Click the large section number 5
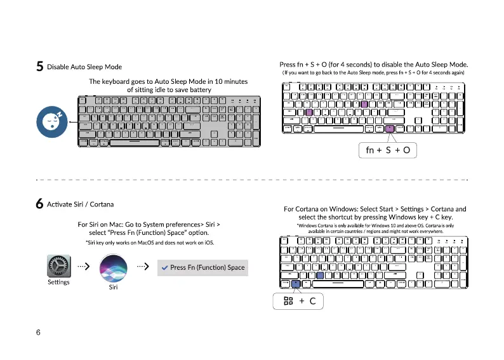(39, 67)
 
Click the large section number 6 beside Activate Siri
(39, 204)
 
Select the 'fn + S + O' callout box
(388, 150)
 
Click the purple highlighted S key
(308, 112)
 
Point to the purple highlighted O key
(364, 104)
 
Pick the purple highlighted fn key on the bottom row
(390, 128)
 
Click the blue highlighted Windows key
(296, 283)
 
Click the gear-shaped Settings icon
(58, 266)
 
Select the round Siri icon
(112, 269)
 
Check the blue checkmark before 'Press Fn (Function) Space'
(164, 267)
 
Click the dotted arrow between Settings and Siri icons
(83, 267)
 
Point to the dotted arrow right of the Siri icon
(142, 267)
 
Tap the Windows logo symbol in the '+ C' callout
(288, 301)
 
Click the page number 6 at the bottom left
(39, 333)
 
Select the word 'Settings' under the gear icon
(58, 282)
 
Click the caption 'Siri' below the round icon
(112, 288)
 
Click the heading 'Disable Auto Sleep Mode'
(84, 67)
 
